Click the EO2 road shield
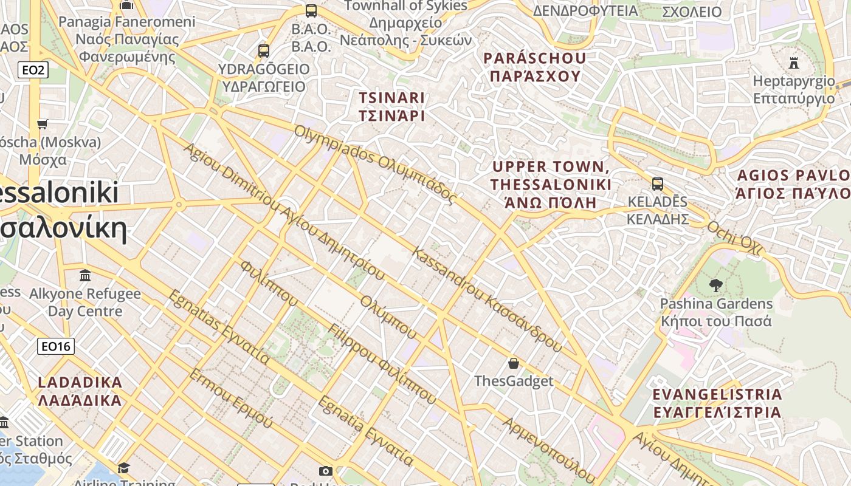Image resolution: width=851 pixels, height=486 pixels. (33, 70)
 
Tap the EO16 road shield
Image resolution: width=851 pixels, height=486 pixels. (56, 346)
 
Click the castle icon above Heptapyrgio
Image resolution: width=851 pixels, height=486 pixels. (794, 63)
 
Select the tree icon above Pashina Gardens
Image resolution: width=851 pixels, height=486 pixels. (716, 285)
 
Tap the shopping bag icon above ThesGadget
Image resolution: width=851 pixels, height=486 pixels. (514, 363)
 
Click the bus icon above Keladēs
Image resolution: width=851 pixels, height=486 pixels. (657, 183)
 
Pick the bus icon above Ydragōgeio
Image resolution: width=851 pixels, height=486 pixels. (263, 50)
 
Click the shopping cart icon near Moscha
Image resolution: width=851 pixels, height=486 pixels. (42, 124)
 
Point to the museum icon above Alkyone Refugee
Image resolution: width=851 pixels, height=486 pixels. (85, 276)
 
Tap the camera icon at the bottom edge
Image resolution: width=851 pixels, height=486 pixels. (326, 471)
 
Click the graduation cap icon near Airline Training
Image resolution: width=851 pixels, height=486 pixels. (124, 467)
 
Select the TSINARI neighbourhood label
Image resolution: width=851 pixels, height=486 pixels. (391, 106)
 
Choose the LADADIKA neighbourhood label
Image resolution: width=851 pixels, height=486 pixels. (80, 391)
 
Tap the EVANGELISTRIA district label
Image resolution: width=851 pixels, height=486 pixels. (717, 403)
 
